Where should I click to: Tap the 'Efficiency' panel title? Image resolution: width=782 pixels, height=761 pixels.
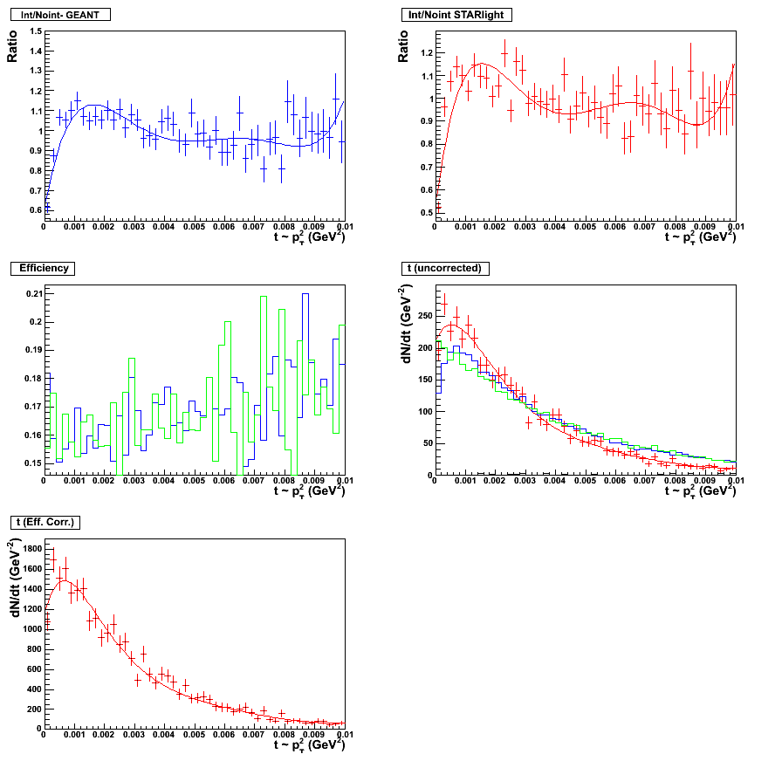[x=44, y=268]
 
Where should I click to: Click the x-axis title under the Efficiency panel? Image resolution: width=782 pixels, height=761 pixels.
[x=309, y=491]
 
